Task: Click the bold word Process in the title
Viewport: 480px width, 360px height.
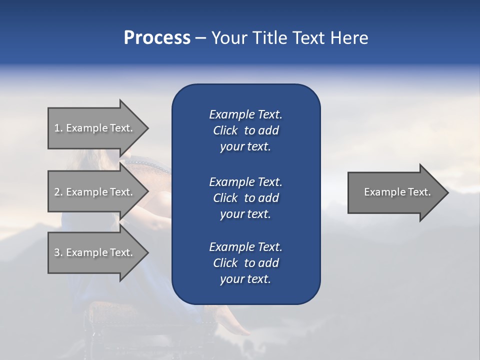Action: (x=157, y=38)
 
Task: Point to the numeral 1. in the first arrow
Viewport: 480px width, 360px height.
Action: (x=58, y=128)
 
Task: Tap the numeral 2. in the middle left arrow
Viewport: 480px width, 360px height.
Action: (x=58, y=192)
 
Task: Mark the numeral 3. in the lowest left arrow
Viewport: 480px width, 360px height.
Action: (x=58, y=252)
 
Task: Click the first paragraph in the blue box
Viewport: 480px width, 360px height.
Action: (x=245, y=130)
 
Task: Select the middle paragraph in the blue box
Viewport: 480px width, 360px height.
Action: (x=245, y=197)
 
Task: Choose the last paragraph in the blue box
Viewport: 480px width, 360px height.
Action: (x=245, y=263)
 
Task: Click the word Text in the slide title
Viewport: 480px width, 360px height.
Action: (x=306, y=38)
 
